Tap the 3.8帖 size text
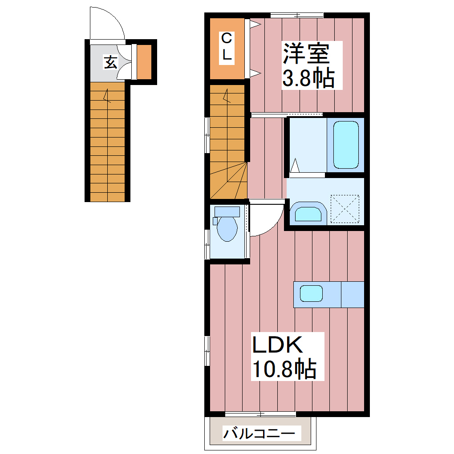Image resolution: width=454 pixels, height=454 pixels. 308,79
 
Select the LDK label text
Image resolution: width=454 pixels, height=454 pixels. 278,345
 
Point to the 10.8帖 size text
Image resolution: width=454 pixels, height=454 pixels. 284,369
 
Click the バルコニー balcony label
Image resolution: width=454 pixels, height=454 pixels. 259,433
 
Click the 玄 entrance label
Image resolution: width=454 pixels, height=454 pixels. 110,62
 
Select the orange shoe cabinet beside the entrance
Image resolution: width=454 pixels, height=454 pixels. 144,61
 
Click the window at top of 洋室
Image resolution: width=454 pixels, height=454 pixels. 296,16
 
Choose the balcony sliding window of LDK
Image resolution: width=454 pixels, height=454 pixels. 260,414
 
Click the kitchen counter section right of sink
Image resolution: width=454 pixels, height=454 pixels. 353,294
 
